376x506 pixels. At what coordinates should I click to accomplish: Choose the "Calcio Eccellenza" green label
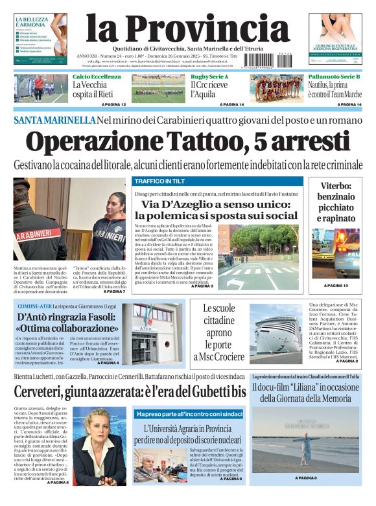[97, 77]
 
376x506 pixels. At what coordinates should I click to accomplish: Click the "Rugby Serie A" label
[209, 77]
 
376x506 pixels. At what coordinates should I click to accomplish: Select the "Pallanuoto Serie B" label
[334, 77]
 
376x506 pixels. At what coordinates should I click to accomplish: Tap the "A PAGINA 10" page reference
[336, 286]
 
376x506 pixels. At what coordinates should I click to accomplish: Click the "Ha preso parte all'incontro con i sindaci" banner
[189, 413]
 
